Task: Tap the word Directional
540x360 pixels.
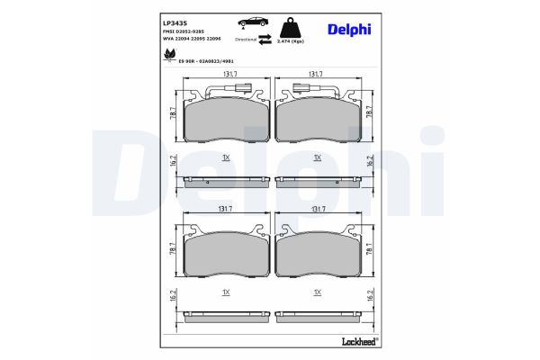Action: pos(246,40)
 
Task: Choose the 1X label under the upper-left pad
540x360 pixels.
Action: pos(226,157)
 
